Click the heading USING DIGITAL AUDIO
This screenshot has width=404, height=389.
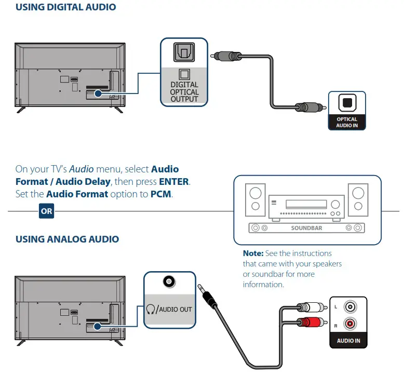coord(65,7)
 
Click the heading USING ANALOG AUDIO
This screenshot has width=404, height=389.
coord(67,239)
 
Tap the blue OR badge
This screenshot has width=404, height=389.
coord(47,212)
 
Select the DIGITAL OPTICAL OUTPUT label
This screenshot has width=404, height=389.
coord(184,91)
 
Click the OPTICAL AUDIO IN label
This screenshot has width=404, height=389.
coord(347,123)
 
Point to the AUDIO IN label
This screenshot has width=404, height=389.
coord(348,341)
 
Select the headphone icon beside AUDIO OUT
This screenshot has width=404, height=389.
coord(151,309)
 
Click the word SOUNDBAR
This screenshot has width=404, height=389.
coord(307,227)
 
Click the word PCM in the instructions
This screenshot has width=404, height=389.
coord(161,194)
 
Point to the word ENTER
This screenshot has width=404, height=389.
coord(174,182)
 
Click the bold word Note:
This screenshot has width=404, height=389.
coord(254,253)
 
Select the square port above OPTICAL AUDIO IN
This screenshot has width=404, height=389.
coord(347,103)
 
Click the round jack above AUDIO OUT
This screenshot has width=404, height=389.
coord(168,282)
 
